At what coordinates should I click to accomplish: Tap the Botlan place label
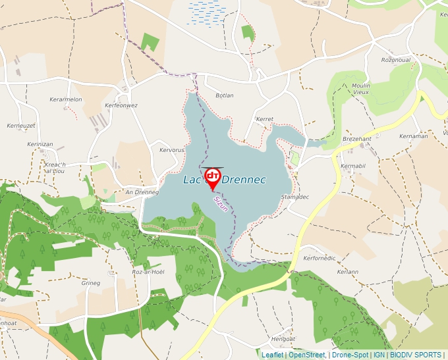pyautogui.click(x=225, y=95)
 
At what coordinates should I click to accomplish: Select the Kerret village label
pyautogui.click(x=264, y=120)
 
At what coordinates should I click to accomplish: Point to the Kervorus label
pyautogui.click(x=172, y=150)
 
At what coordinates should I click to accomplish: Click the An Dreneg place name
pyautogui.click(x=142, y=192)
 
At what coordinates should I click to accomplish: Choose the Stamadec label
pyautogui.click(x=294, y=197)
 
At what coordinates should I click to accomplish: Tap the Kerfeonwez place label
pyautogui.click(x=121, y=105)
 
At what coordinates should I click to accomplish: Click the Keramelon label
pyautogui.click(x=66, y=99)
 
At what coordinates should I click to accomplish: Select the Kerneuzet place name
pyautogui.click(x=20, y=125)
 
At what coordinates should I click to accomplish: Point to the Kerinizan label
pyautogui.click(x=40, y=143)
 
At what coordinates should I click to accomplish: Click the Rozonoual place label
pyautogui.click(x=396, y=60)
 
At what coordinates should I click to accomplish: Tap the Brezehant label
pyautogui.click(x=358, y=139)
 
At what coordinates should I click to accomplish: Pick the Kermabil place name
pyautogui.click(x=353, y=166)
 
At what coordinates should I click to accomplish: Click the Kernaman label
pyautogui.click(x=413, y=136)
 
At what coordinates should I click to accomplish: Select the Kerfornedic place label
pyautogui.click(x=320, y=259)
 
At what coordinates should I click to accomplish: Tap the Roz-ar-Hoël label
pyautogui.click(x=148, y=272)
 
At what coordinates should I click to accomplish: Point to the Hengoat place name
pyautogui.click(x=283, y=338)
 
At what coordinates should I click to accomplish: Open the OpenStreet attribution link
pyautogui.click(x=306, y=355)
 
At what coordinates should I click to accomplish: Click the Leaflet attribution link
pyautogui.click(x=272, y=355)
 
